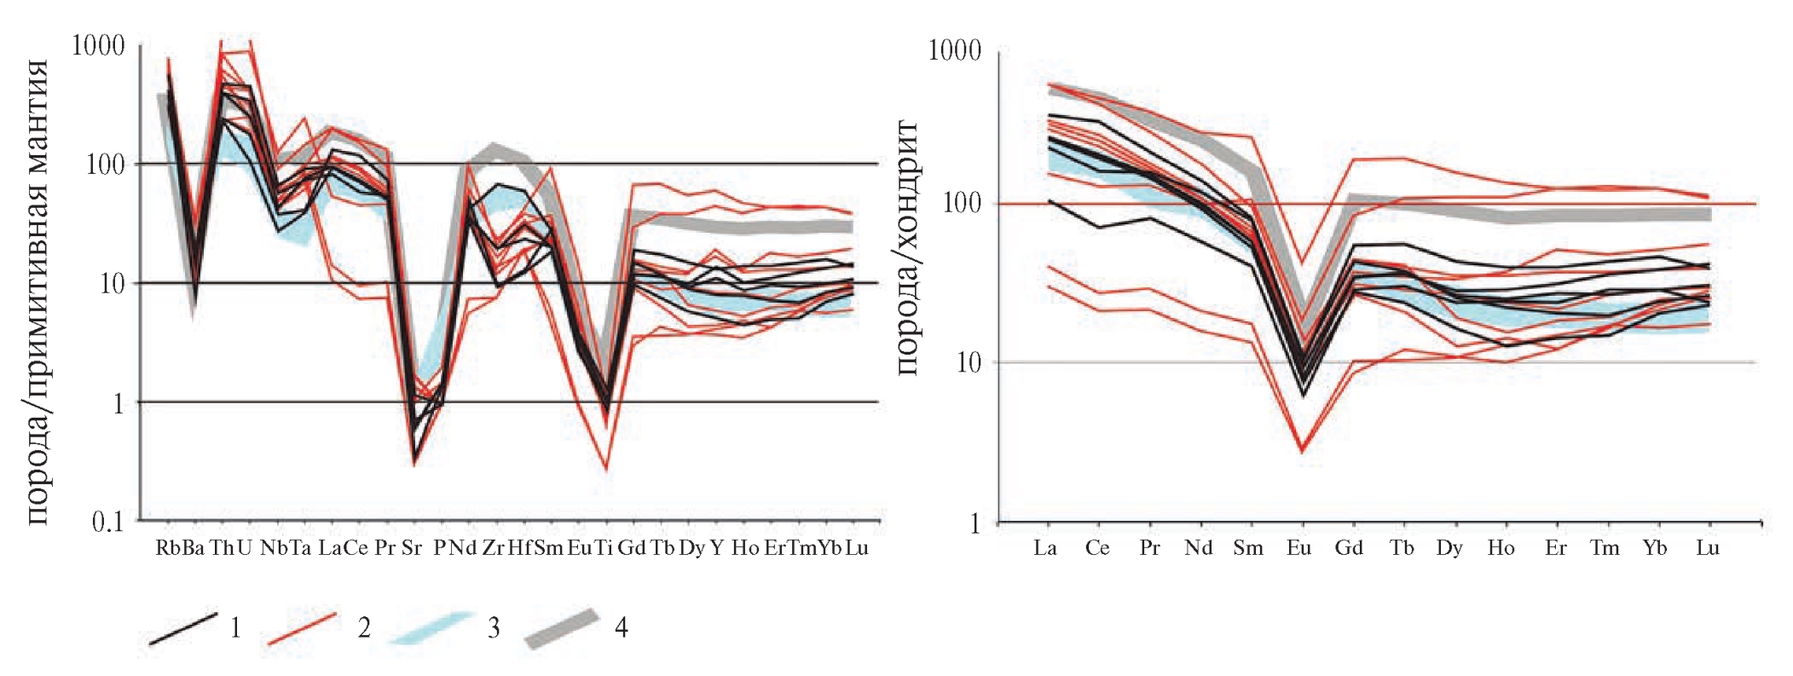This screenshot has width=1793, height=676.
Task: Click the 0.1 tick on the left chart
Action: click(107, 521)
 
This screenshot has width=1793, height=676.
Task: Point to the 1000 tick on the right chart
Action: click(955, 50)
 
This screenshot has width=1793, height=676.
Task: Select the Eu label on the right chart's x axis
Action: click(1298, 548)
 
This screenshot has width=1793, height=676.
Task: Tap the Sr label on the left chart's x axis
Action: click(412, 548)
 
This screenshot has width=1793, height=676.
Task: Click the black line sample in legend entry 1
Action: click(182, 628)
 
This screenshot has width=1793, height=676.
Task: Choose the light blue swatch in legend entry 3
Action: click(431, 628)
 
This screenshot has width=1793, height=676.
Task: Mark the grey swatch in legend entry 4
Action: click(562, 629)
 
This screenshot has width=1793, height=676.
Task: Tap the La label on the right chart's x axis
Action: click(1045, 548)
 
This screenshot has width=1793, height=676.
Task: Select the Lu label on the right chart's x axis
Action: click(1707, 548)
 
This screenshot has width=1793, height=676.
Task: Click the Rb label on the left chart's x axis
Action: click(167, 548)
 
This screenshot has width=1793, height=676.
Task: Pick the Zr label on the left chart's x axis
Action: click(494, 548)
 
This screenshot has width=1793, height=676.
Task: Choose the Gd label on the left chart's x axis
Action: click(631, 548)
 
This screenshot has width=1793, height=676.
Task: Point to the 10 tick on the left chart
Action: click(112, 283)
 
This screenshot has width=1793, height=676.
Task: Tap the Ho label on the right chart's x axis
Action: click(1501, 548)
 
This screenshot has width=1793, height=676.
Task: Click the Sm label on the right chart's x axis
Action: click(1248, 548)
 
